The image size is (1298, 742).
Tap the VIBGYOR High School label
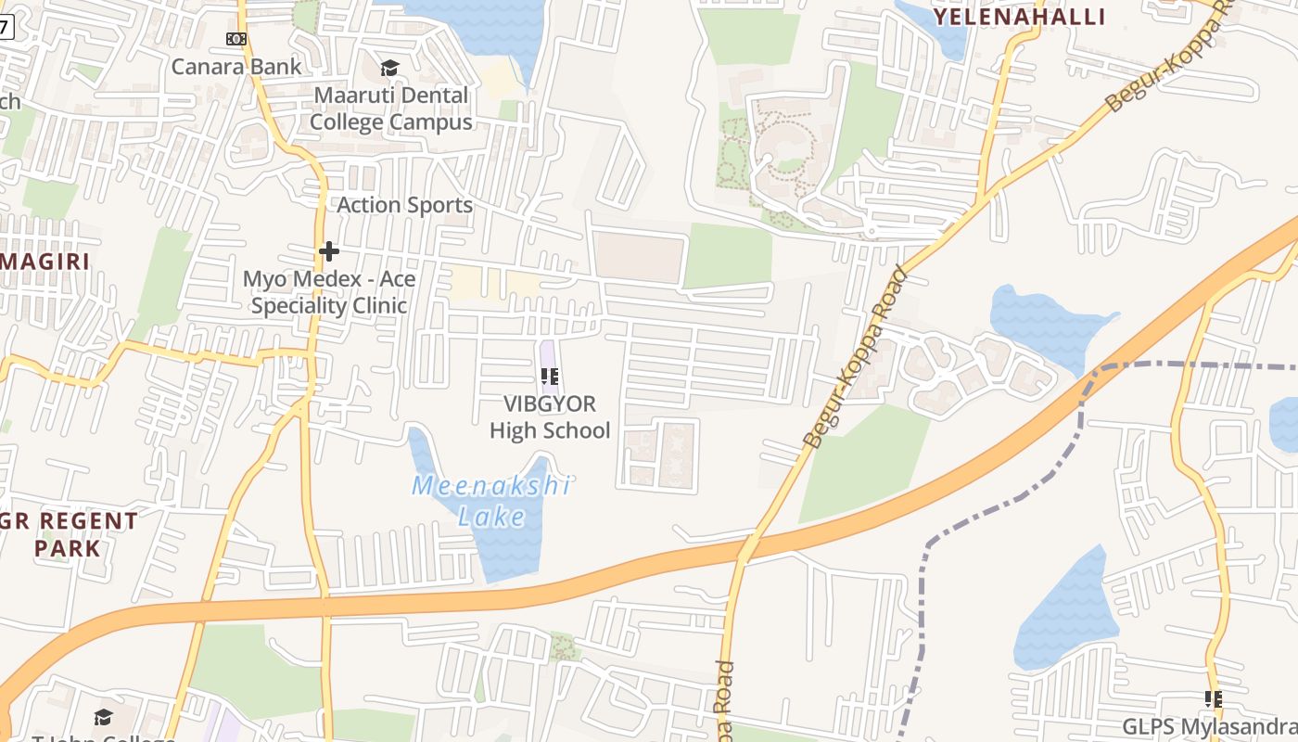tap(550, 417)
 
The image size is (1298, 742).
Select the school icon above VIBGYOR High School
tap(550, 377)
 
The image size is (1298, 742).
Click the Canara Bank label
tap(236, 67)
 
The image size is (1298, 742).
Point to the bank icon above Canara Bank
tap(236, 39)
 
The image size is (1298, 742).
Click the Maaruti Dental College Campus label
tap(390, 109)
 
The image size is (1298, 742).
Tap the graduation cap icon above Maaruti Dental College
tap(389, 69)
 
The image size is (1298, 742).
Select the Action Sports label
tap(404, 205)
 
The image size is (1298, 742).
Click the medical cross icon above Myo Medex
tap(328, 251)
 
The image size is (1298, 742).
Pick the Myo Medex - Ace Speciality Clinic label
tap(329, 292)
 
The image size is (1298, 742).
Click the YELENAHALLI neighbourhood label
tap(1019, 17)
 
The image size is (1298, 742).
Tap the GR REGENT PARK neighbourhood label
tap(69, 534)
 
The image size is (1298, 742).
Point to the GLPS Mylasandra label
tap(1209, 726)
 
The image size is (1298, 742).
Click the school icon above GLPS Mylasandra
tap(1213, 699)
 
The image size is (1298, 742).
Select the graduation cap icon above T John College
tap(103, 717)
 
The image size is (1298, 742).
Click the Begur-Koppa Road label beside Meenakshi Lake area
tap(853, 357)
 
